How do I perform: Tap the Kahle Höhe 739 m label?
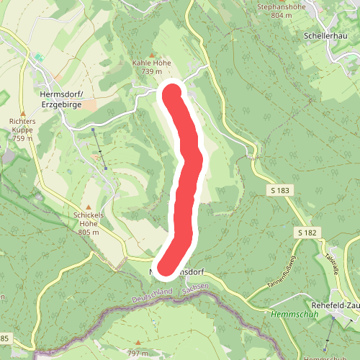point(152,67)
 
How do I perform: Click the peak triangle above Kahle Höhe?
point(152,55)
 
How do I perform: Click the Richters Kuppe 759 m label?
point(22,130)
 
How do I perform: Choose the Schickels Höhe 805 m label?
point(89,223)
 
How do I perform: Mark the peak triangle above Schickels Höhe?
point(89,207)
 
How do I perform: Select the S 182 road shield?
point(307,233)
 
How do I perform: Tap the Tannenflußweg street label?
point(282,270)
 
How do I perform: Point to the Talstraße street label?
point(333,258)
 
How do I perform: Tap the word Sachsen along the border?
point(195,287)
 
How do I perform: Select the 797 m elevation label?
point(139,353)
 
